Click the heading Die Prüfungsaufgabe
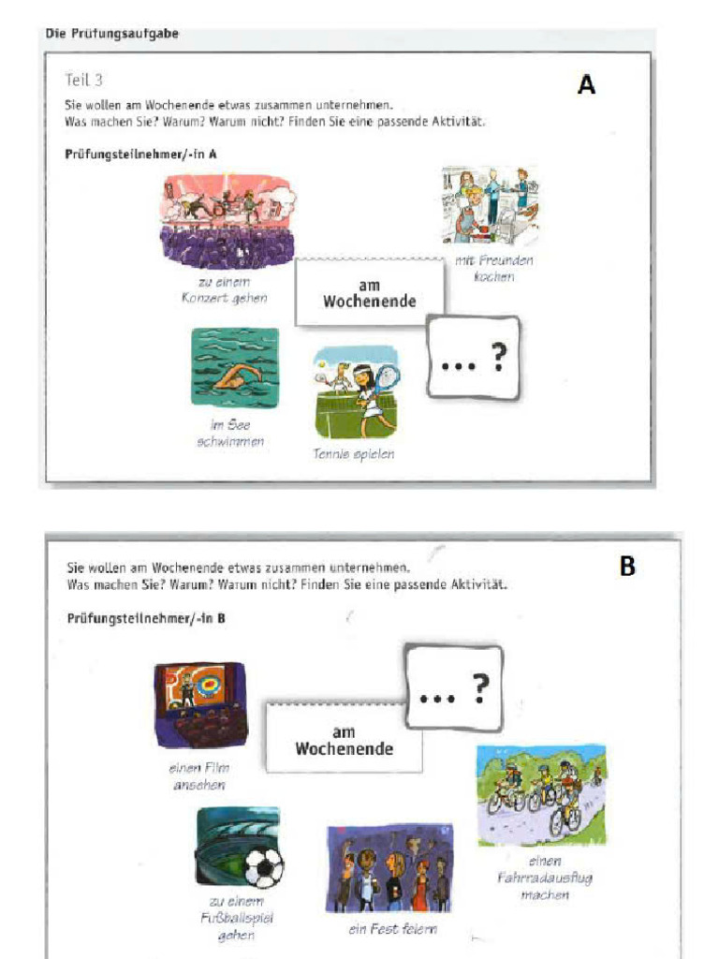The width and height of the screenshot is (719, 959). pyautogui.click(x=111, y=34)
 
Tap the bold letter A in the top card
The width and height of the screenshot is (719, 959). pyautogui.click(x=586, y=86)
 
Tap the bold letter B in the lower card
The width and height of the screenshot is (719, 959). pyautogui.click(x=627, y=567)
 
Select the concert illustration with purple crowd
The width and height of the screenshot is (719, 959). pyautogui.click(x=227, y=221)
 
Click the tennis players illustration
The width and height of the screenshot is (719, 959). pyautogui.click(x=357, y=392)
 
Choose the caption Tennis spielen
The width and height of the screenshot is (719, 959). pyautogui.click(x=354, y=454)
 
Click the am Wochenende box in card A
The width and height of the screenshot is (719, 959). pyautogui.click(x=369, y=293)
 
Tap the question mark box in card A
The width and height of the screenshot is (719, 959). pyautogui.click(x=473, y=358)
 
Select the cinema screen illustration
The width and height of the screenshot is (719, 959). pyautogui.click(x=200, y=704)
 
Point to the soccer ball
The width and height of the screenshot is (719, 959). pyautogui.click(x=263, y=868)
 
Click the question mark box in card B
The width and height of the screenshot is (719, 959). pyautogui.click(x=454, y=687)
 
